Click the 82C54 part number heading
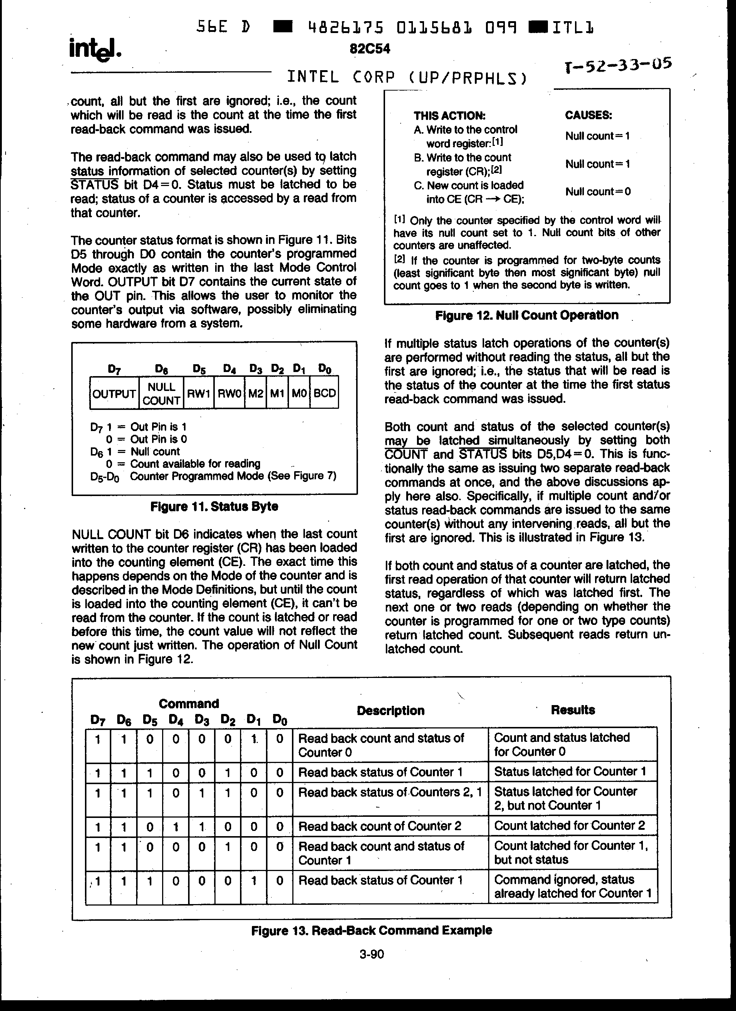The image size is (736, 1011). click(370, 49)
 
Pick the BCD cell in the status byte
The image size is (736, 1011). click(324, 393)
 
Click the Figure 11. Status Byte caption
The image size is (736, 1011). click(214, 506)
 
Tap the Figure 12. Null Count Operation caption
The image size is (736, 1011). click(527, 315)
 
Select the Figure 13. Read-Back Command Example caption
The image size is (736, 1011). click(372, 930)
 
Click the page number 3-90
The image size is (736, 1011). click(372, 955)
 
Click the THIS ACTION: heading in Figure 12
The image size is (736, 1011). click(449, 116)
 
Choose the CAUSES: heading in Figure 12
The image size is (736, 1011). click(588, 115)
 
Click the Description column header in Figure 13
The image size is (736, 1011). click(390, 711)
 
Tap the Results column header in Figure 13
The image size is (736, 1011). click(572, 710)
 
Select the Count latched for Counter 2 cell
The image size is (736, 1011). click(569, 826)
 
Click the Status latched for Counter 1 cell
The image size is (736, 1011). click(570, 772)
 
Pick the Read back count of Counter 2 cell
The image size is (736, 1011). click(379, 826)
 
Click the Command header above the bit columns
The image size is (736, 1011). click(189, 704)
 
